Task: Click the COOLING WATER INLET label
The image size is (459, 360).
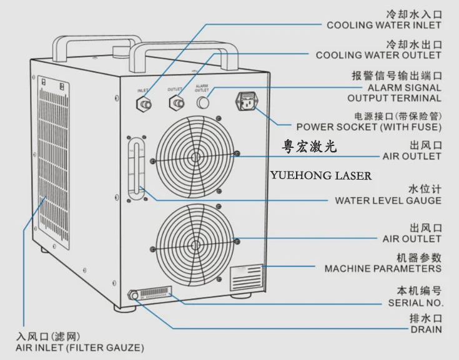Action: coord(383,26)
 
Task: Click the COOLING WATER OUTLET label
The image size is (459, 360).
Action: coord(378,56)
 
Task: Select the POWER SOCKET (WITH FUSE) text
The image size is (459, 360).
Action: coord(368,127)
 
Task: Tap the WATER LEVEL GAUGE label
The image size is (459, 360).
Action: coord(388,200)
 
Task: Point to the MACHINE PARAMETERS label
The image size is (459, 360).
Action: coord(382,268)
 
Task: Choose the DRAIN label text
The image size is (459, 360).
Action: coord(426,329)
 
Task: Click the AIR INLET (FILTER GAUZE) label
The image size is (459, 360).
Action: coord(79,347)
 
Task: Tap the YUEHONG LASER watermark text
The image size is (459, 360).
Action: coord(320,176)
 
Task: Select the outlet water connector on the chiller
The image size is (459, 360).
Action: coord(177,102)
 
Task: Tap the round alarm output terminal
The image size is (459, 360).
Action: coord(202,102)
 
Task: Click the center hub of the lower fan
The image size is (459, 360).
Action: coord(194,238)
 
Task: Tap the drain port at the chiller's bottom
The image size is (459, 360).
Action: coord(133,295)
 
